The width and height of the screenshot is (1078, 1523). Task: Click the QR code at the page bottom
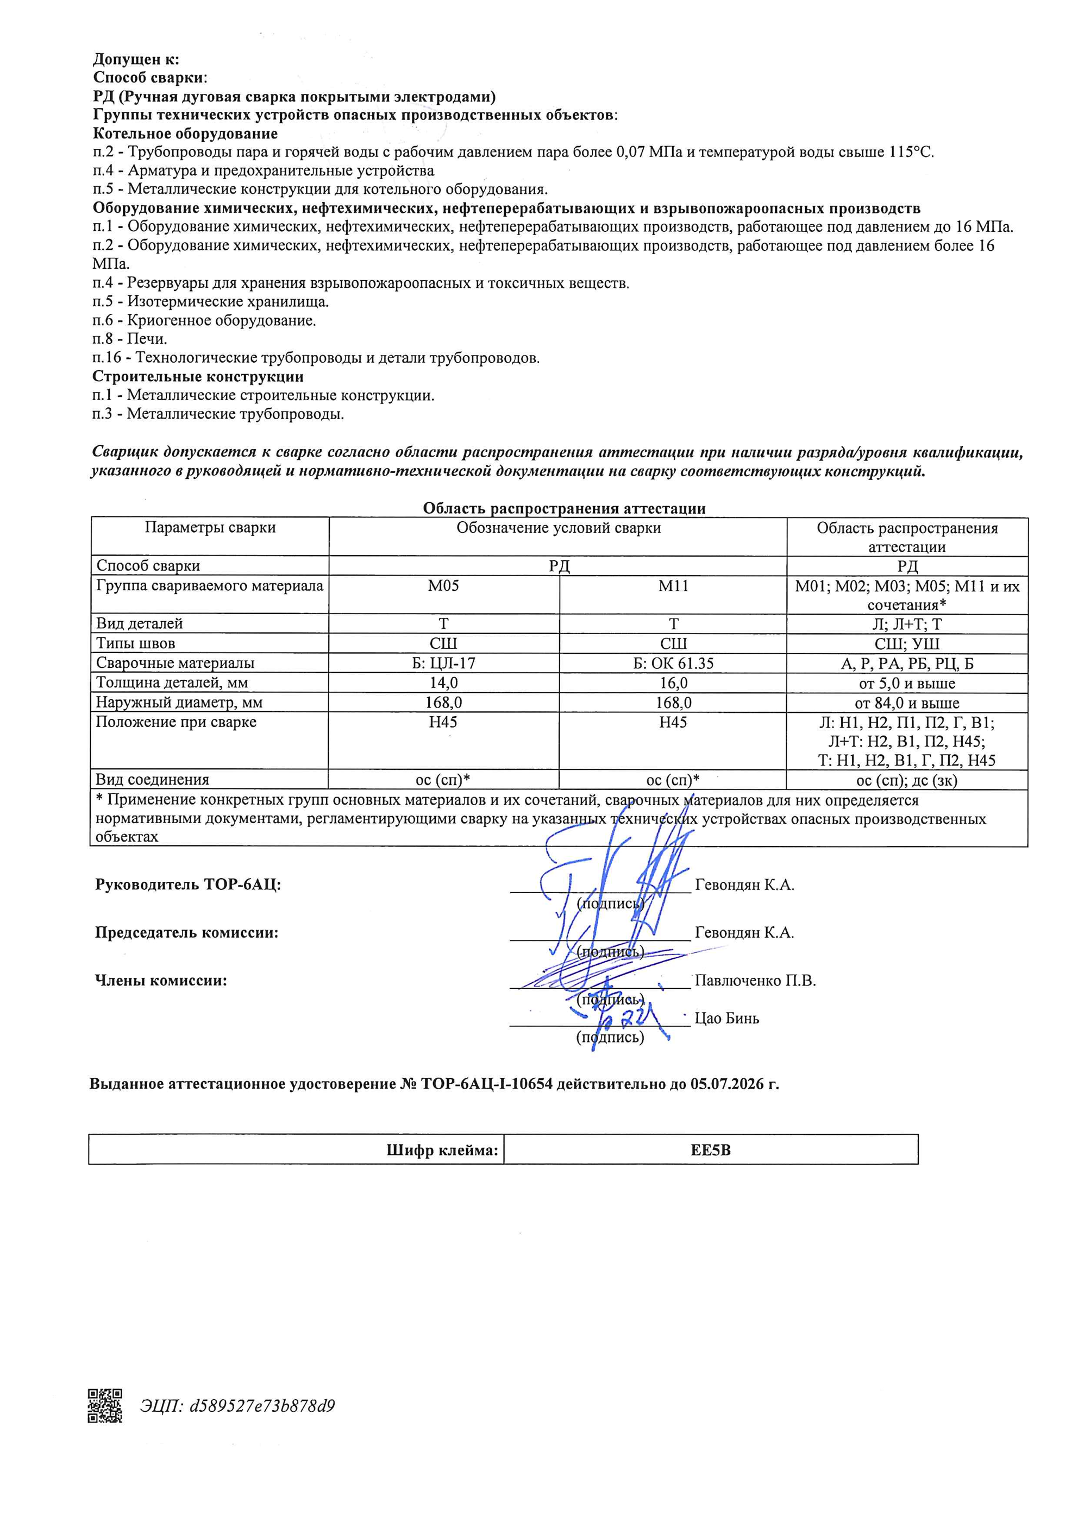[x=105, y=1405]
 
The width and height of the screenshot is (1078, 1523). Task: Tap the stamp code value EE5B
[x=710, y=1150]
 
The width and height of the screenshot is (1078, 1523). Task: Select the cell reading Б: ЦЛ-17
[x=443, y=662]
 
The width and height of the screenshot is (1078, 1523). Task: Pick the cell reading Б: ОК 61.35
[x=673, y=662]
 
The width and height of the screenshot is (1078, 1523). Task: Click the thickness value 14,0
[x=443, y=682]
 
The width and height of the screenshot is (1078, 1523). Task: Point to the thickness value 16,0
[x=673, y=682]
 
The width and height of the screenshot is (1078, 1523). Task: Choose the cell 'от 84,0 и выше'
[x=907, y=703]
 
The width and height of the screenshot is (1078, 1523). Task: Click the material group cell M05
[x=443, y=586]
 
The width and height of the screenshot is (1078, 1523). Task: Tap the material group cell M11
[x=673, y=586]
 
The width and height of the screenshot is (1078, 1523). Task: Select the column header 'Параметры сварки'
[x=210, y=528]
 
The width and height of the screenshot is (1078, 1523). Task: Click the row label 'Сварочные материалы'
[x=176, y=662]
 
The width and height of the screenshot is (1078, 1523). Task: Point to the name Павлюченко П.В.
[x=755, y=981]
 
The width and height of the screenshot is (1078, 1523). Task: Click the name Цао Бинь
[x=726, y=1018]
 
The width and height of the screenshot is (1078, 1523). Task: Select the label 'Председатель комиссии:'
[x=186, y=933]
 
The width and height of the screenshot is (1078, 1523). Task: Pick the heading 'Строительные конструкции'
[x=198, y=377]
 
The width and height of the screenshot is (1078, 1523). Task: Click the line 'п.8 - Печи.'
[x=129, y=339]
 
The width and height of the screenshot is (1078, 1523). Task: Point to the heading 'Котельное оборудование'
[x=185, y=134]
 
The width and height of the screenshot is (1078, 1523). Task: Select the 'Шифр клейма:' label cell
[x=442, y=1150]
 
